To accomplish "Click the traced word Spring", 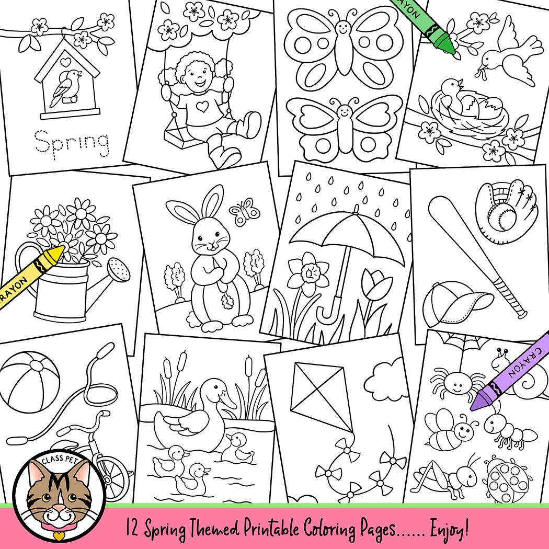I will point(72,141).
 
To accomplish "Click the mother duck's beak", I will point(228,402).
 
